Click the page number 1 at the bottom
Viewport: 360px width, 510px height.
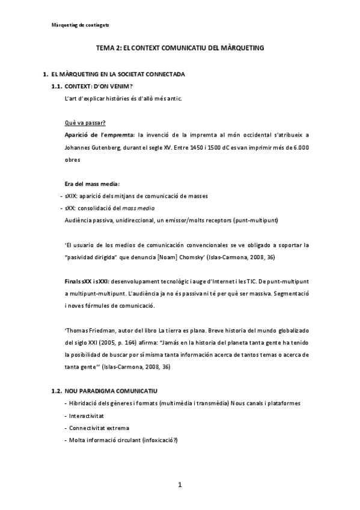click(179, 485)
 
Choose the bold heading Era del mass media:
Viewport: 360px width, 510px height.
click(91, 183)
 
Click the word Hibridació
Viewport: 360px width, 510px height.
click(86, 402)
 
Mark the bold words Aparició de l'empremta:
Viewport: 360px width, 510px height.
click(99, 134)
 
